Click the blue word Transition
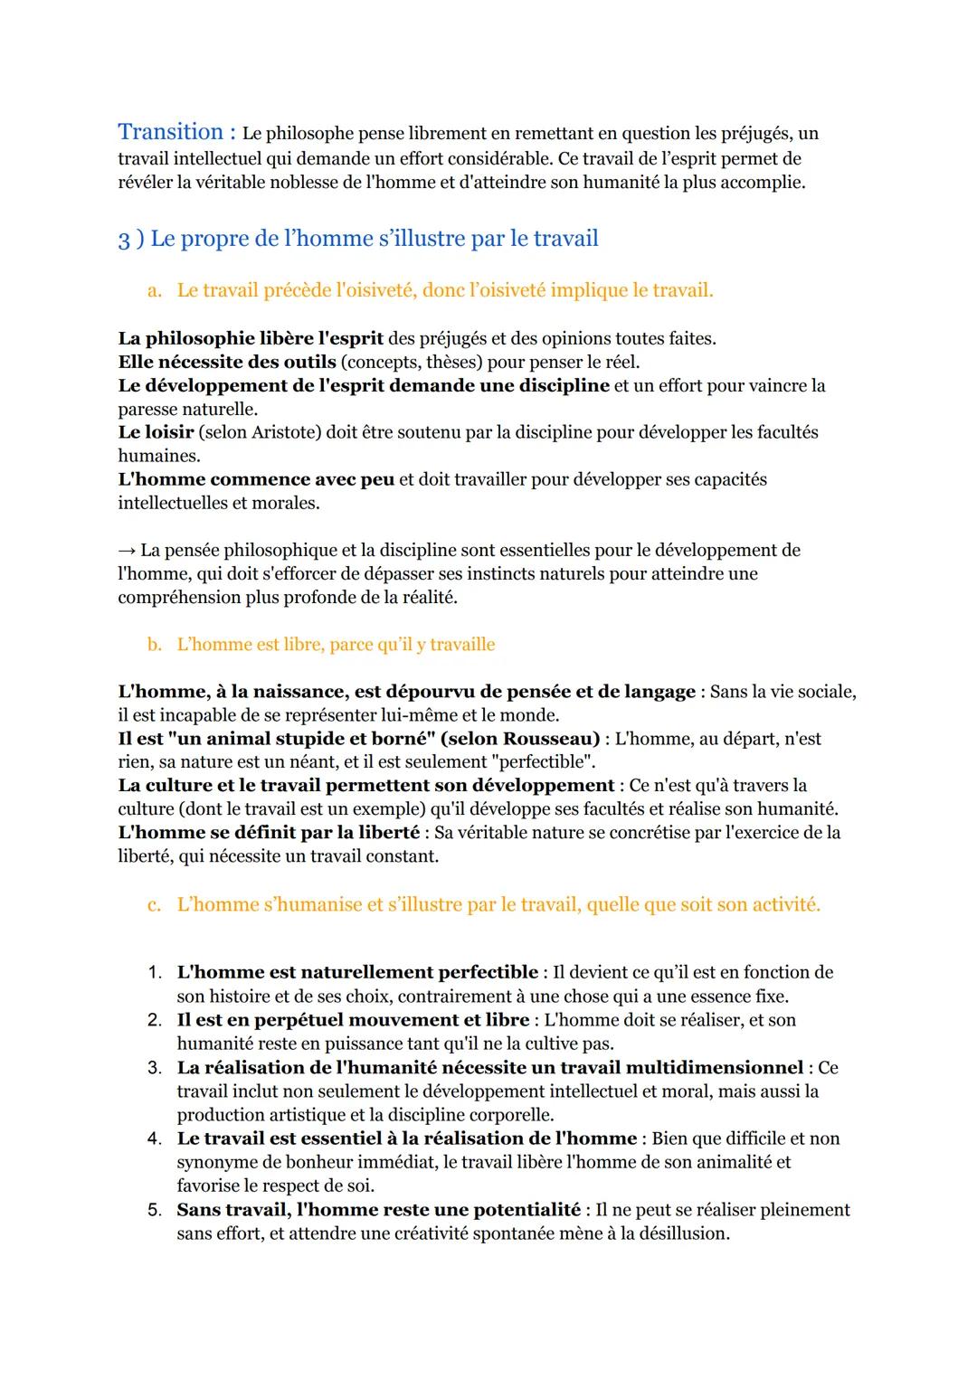tap(170, 132)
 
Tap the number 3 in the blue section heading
tap(124, 240)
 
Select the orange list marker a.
tap(154, 290)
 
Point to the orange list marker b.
tap(154, 645)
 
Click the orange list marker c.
tap(154, 904)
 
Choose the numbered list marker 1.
tap(154, 973)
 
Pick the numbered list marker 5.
tap(154, 1210)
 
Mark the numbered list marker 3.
tap(154, 1068)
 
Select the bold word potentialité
tap(526, 1210)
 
